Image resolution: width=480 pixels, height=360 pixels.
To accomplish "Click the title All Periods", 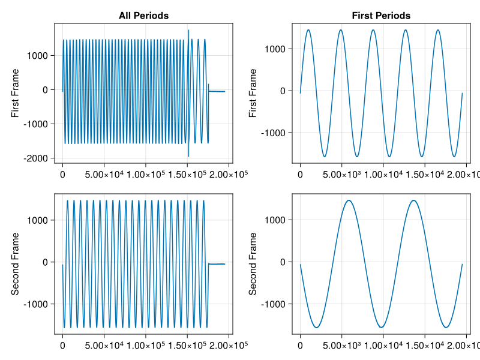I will pos(143,15).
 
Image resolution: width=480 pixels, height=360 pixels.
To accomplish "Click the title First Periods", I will pos(381,15).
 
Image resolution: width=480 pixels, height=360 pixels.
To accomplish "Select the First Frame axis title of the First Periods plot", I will pos(253,93).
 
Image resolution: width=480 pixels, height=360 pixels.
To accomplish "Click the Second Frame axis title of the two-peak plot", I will pos(253,263).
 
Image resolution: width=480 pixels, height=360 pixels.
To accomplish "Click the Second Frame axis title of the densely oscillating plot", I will pos(15,263).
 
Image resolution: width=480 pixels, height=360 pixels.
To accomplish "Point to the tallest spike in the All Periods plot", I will pos(188,30).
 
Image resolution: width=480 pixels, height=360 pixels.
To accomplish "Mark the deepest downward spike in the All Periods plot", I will pos(188,157).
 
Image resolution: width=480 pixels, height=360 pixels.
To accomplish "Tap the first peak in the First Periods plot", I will pos(308,30).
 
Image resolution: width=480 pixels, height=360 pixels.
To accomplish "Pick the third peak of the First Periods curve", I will pos(373,30).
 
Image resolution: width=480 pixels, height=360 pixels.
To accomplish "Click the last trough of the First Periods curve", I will pos(454,157).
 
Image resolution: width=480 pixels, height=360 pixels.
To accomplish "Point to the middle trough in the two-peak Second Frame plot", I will pos(382,327).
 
